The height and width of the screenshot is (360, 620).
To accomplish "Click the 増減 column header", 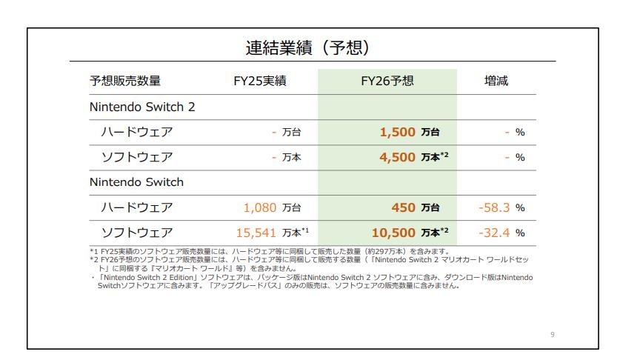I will (x=496, y=81).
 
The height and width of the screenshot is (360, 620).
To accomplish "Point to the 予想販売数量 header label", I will (x=125, y=81).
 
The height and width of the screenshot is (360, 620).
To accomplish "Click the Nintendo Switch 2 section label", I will (x=142, y=107).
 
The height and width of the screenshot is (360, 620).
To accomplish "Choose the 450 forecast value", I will (x=403, y=207).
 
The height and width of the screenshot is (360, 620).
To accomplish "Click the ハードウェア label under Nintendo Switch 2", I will (x=137, y=132).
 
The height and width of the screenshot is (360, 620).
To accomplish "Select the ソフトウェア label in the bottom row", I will (x=137, y=233).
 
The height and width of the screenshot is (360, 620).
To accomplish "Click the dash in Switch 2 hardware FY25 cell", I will (x=274, y=132).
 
